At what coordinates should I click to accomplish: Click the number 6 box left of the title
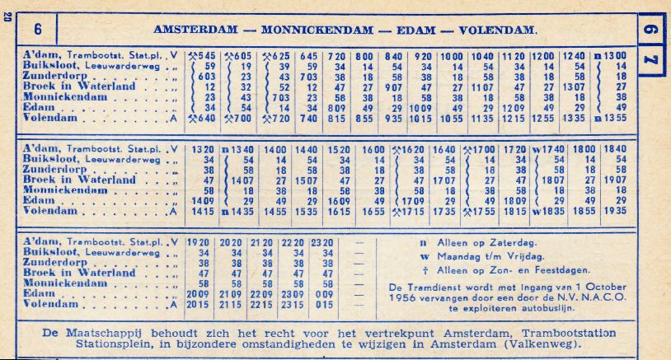click(x=38, y=28)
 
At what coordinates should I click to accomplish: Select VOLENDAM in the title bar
click(x=497, y=29)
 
